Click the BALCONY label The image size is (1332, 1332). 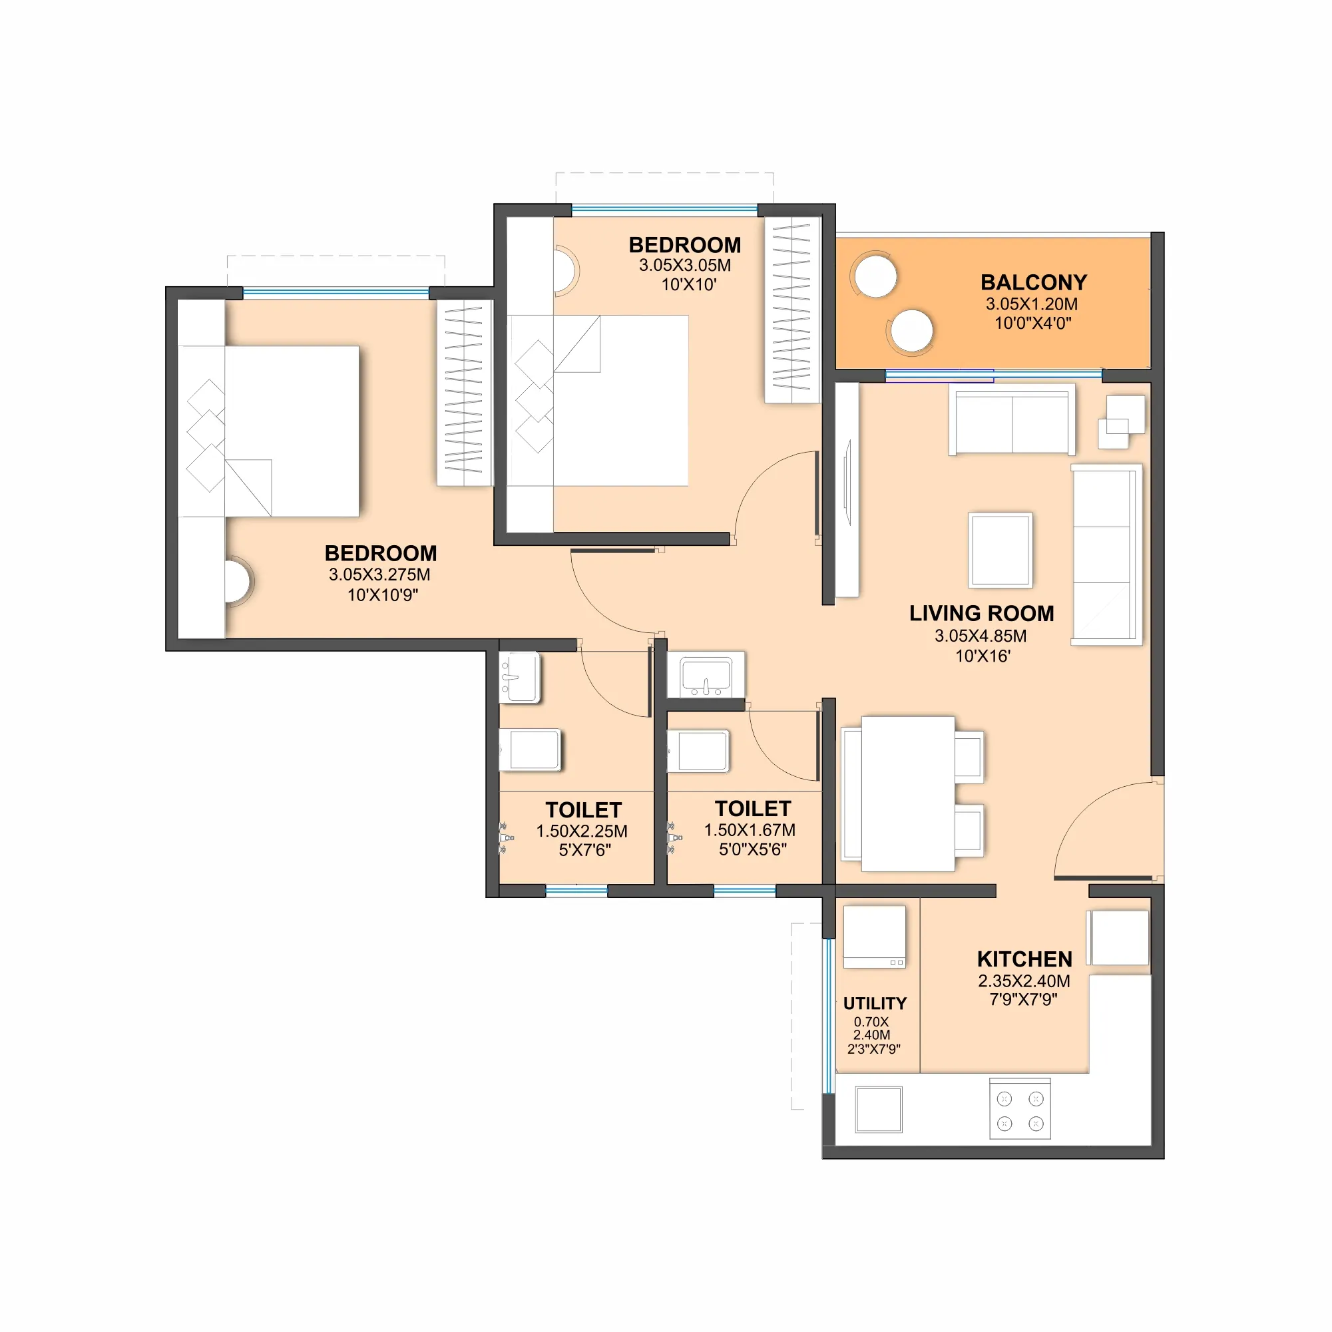[x=1034, y=283]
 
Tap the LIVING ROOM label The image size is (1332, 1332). [x=982, y=614]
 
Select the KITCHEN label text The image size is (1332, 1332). [x=1024, y=960]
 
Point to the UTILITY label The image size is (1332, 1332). [x=875, y=1003]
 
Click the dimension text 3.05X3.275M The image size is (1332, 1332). [x=379, y=575]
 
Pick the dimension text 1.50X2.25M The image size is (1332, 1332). [x=582, y=831]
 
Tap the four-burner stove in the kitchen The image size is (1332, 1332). [x=1020, y=1109]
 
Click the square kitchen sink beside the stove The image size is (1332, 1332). [x=879, y=1109]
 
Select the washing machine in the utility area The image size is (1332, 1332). [x=874, y=937]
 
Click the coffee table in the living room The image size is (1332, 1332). [x=1000, y=550]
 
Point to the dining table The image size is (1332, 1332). [x=908, y=793]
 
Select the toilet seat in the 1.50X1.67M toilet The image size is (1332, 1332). [x=698, y=751]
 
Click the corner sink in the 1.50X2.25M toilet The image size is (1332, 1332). [x=520, y=678]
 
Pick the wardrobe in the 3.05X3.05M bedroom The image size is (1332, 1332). [x=792, y=310]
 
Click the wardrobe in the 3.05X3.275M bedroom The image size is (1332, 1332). [x=464, y=393]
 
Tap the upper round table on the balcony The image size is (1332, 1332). [x=875, y=275]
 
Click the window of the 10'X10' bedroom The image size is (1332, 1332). [x=664, y=208]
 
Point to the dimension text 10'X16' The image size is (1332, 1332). [x=983, y=656]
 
